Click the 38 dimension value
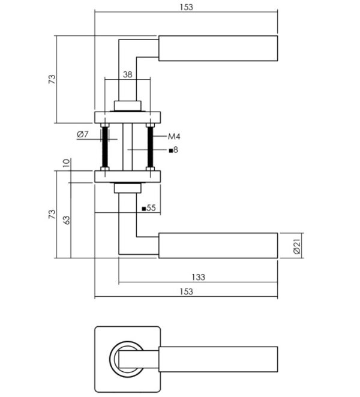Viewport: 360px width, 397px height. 127,75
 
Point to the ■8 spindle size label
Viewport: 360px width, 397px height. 173,149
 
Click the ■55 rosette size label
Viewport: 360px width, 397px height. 148,208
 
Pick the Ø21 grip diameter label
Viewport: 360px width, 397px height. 296,246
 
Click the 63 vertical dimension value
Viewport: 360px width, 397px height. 67,219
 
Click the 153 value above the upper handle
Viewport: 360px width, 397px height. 187,7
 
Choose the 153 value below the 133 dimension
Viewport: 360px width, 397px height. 187,291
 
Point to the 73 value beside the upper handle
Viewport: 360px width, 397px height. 52,79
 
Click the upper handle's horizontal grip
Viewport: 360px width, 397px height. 218,48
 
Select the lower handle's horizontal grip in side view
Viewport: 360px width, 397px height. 218,246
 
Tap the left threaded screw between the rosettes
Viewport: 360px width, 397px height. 105,148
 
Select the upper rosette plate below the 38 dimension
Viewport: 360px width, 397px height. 128,117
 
